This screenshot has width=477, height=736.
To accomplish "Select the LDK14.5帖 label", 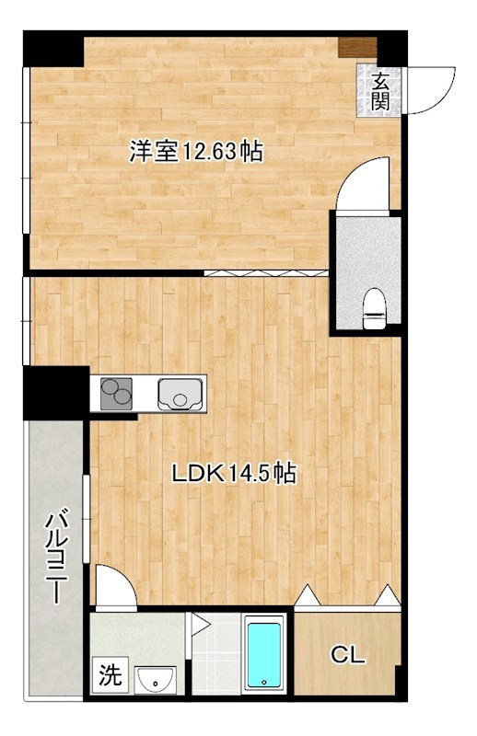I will [x=235, y=474].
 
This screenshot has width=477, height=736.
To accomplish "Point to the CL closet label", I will [x=348, y=655].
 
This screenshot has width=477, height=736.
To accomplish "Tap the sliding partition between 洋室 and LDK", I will [x=265, y=272].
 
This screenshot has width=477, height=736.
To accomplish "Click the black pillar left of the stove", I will [x=55, y=392].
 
